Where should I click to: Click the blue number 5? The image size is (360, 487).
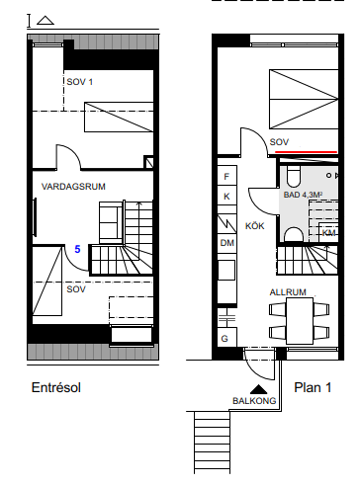pos(77,249)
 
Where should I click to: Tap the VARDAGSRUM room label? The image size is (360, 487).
pos(73,186)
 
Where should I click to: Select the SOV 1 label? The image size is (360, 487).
pos(80,82)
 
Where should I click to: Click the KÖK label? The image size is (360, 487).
pos(255,226)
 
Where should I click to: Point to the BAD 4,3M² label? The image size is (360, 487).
pos(303,195)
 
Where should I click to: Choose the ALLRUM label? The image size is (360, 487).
pos(288,292)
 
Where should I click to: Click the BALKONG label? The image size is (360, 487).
pos(254,401)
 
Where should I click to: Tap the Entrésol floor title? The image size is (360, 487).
pos(56,387)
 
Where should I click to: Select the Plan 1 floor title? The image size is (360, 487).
pos(312,387)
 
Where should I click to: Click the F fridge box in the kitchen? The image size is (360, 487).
pos(227,176)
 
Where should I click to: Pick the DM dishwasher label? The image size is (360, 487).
pos(227,243)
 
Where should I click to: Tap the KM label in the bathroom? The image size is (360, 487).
pos(329,233)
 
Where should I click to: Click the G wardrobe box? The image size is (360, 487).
pos(227,337)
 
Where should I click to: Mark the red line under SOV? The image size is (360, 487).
pos(306,152)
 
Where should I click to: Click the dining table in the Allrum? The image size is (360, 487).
pos(300,321)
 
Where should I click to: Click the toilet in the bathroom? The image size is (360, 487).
pos(294,176)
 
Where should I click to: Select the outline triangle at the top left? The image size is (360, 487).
pos(45,20)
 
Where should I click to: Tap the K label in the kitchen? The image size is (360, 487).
pos(226,196)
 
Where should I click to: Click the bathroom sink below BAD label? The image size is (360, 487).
pos(294,235)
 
